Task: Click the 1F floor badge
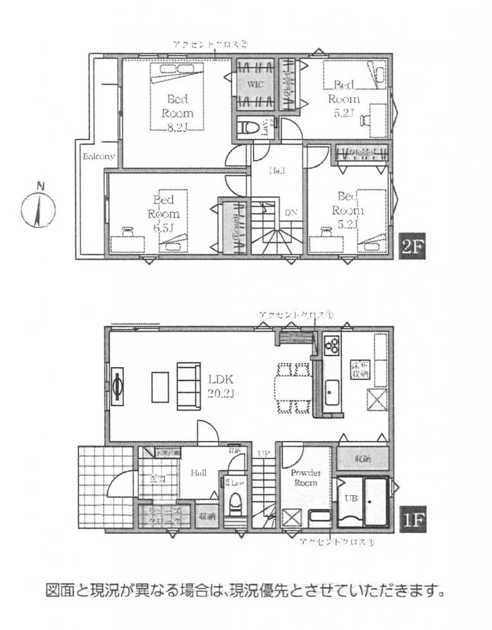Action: click(409, 517)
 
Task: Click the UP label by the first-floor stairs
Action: click(264, 454)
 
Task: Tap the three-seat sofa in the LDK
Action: click(188, 386)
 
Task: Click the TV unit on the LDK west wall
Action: click(118, 387)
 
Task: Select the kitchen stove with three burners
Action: click(332, 347)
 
